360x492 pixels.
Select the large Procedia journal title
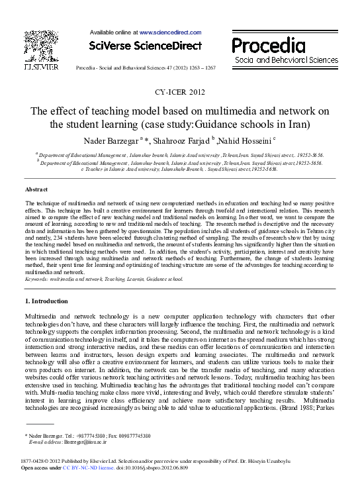(269, 45)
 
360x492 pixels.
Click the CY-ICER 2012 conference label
(179, 92)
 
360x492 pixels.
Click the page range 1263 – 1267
(201, 68)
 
